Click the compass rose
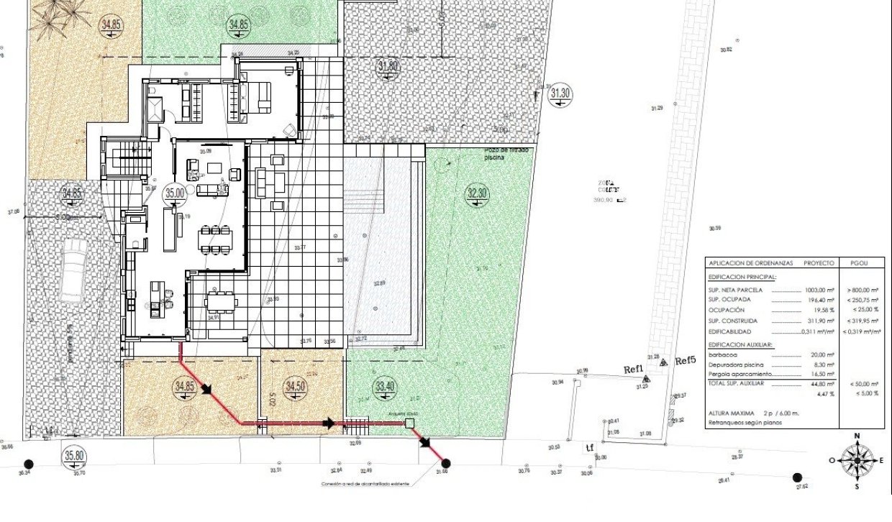[x=857, y=460]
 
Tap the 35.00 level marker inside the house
[x=175, y=193]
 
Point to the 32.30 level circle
[x=478, y=193]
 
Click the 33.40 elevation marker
[x=386, y=387]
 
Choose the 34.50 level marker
[x=295, y=387]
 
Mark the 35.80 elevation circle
[x=74, y=455]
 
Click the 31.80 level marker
[x=388, y=67]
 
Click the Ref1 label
[x=634, y=370]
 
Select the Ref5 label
[x=686, y=361]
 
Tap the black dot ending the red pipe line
[x=445, y=463]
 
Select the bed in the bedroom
[x=255, y=98]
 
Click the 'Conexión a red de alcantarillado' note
[x=365, y=485]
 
